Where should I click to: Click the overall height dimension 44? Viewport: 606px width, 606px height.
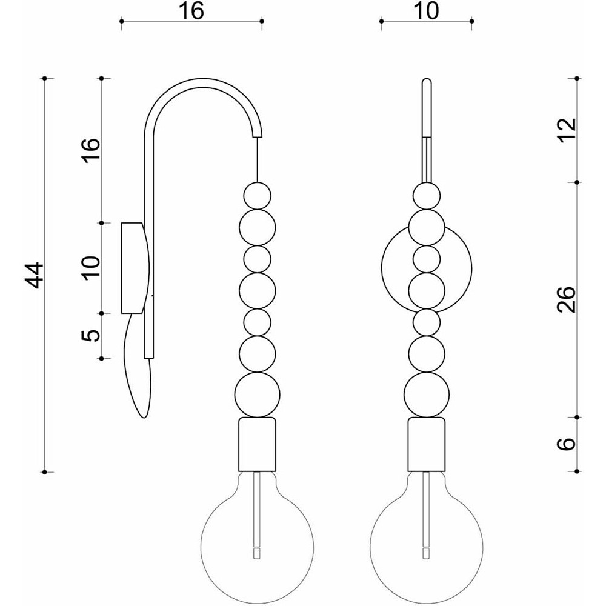[36, 275]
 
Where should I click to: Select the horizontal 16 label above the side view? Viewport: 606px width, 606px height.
[191, 11]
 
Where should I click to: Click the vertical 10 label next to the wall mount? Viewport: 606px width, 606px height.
[92, 268]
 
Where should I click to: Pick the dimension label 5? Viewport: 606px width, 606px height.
[92, 336]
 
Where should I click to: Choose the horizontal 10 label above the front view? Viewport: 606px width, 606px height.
[426, 11]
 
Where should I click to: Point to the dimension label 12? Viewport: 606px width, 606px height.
[567, 130]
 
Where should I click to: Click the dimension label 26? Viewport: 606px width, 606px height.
[567, 299]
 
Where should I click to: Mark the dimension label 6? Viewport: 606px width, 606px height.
[567, 444]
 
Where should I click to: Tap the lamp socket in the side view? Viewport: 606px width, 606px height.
[258, 444]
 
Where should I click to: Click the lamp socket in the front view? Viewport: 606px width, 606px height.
[426, 444]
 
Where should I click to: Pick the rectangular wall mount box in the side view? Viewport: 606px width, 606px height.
[132, 268]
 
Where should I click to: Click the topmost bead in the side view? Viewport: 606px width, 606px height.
[258, 196]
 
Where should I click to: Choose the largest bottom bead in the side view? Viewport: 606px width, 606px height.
[258, 395]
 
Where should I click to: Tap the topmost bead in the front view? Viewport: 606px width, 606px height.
[426, 196]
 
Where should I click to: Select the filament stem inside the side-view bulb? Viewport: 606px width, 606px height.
[258, 510]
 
